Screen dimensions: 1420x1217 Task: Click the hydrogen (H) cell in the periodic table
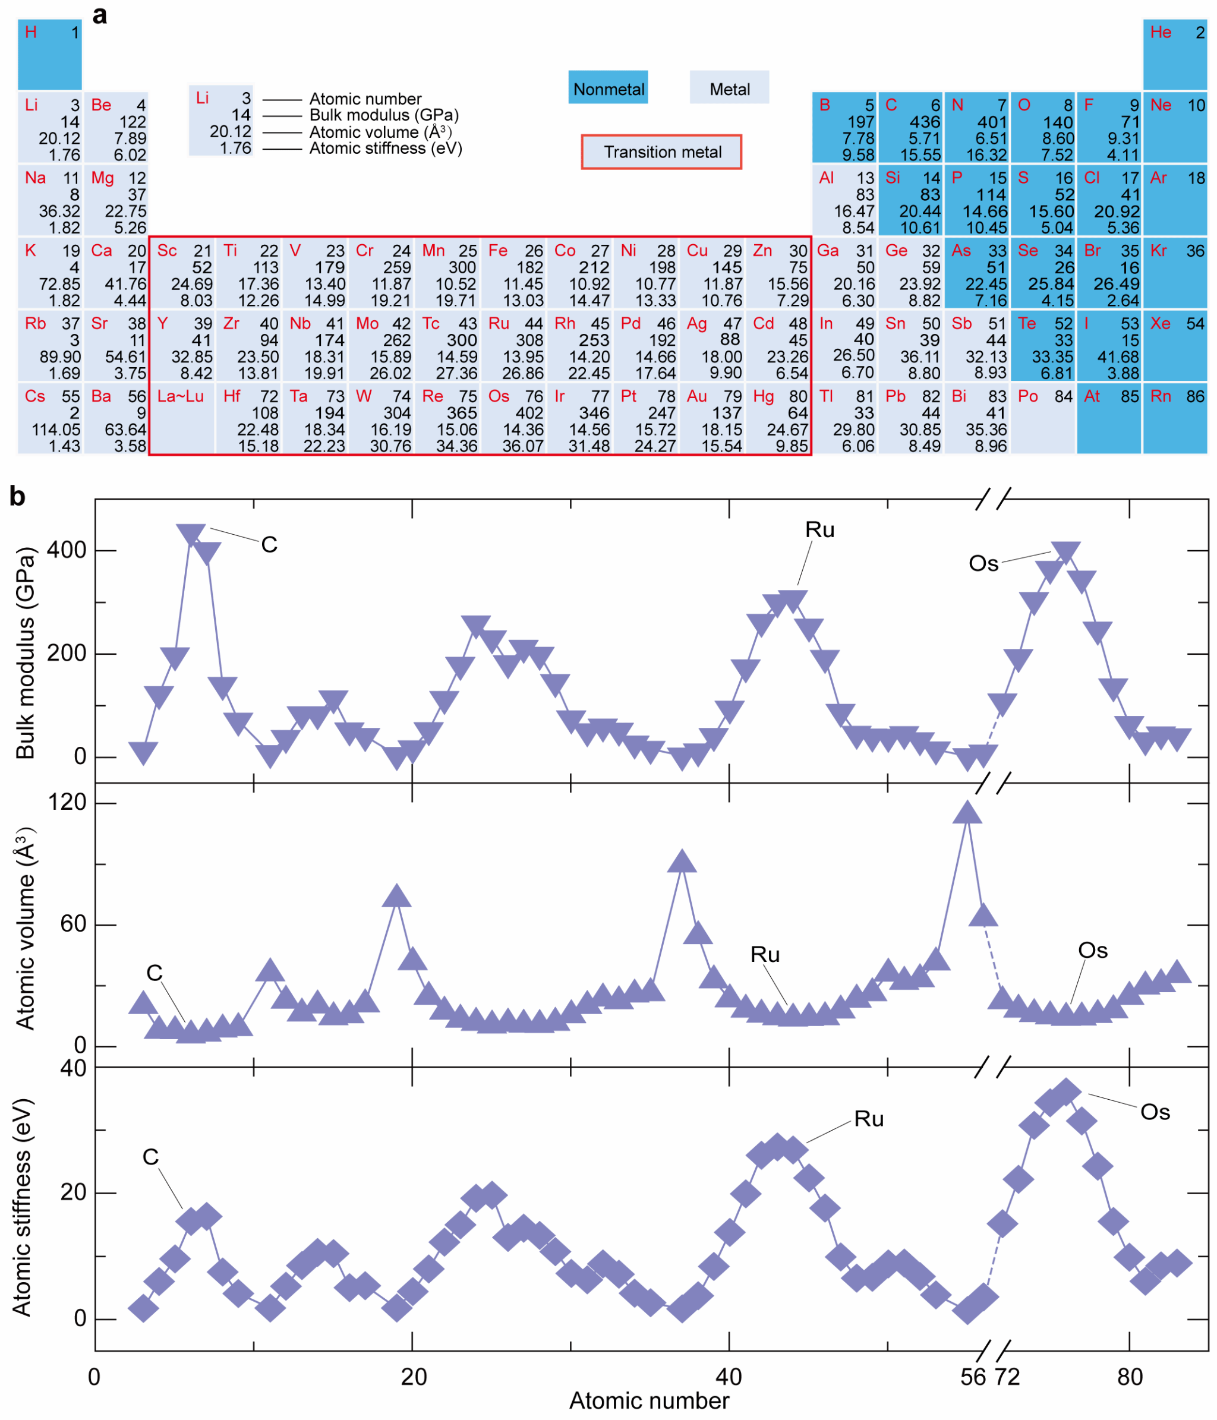point(49,53)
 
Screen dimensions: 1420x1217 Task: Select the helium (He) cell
point(1175,53)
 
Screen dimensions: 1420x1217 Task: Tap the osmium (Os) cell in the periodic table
point(514,419)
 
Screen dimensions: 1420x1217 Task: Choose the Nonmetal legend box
point(608,89)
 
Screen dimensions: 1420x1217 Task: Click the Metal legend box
point(729,89)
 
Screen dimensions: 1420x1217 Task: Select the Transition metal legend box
point(661,152)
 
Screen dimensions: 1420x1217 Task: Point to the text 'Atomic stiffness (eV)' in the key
point(385,148)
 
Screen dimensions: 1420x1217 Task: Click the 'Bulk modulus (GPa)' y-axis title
point(25,652)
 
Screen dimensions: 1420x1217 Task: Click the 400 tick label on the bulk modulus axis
point(67,550)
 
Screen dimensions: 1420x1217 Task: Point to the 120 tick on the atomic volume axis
point(67,802)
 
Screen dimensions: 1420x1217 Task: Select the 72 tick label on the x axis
point(1007,1376)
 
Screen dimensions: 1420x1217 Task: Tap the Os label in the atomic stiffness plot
point(1155,1112)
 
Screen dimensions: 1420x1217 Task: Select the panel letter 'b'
point(17,496)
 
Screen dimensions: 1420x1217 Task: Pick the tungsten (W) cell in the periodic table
point(381,419)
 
